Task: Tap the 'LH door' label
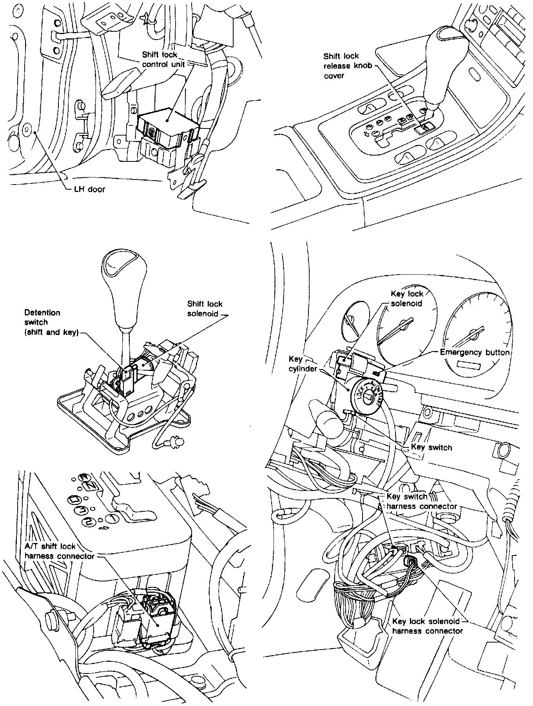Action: tap(90, 189)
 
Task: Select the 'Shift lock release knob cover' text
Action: tap(341, 66)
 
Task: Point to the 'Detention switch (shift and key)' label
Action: tap(52, 322)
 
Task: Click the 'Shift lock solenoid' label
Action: tap(205, 309)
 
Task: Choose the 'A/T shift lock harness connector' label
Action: tap(60, 551)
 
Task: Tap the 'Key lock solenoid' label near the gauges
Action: tap(407, 299)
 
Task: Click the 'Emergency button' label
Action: tap(475, 352)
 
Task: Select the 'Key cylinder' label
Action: tap(303, 364)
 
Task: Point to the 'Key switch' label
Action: tap(431, 447)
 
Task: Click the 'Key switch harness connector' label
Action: tap(422, 501)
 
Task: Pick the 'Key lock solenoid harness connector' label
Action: tap(427, 626)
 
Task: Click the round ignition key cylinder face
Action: tap(366, 397)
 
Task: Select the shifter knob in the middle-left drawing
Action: tap(124, 286)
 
